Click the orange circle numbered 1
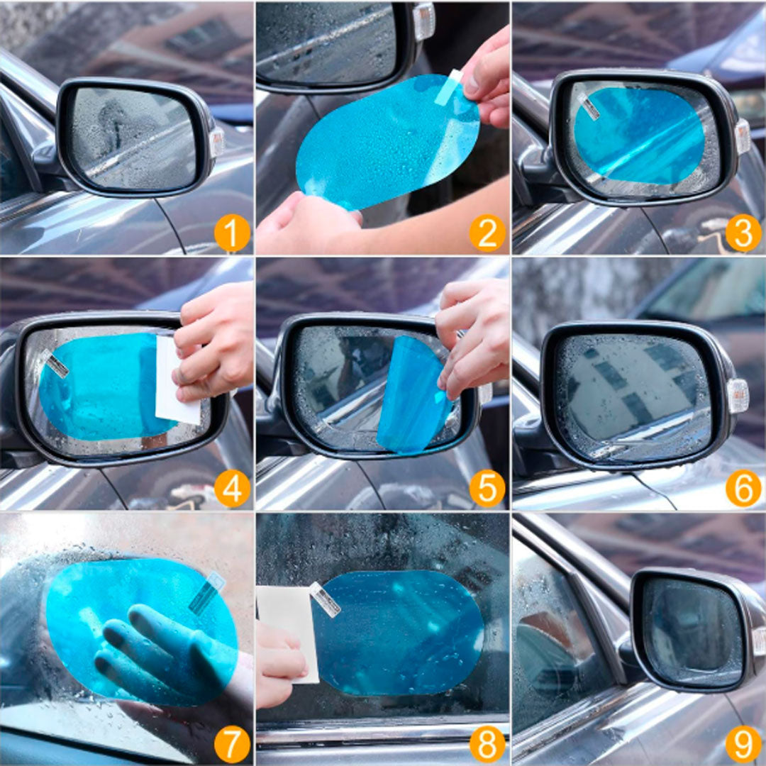(232, 233)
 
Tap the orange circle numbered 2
(487, 233)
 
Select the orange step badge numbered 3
(743, 233)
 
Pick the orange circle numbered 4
(232, 489)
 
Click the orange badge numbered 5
(487, 489)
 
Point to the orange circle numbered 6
(743, 489)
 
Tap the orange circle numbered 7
(232, 744)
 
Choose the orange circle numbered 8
(487, 744)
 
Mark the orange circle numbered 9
(743, 744)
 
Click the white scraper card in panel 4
(176, 381)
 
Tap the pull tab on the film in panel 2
(448, 87)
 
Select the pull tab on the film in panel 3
(589, 106)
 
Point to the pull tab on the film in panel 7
(206, 592)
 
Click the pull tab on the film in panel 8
(325, 599)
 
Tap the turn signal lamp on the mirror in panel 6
(737, 396)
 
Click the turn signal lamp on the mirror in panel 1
(216, 142)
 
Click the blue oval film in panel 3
(639, 135)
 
